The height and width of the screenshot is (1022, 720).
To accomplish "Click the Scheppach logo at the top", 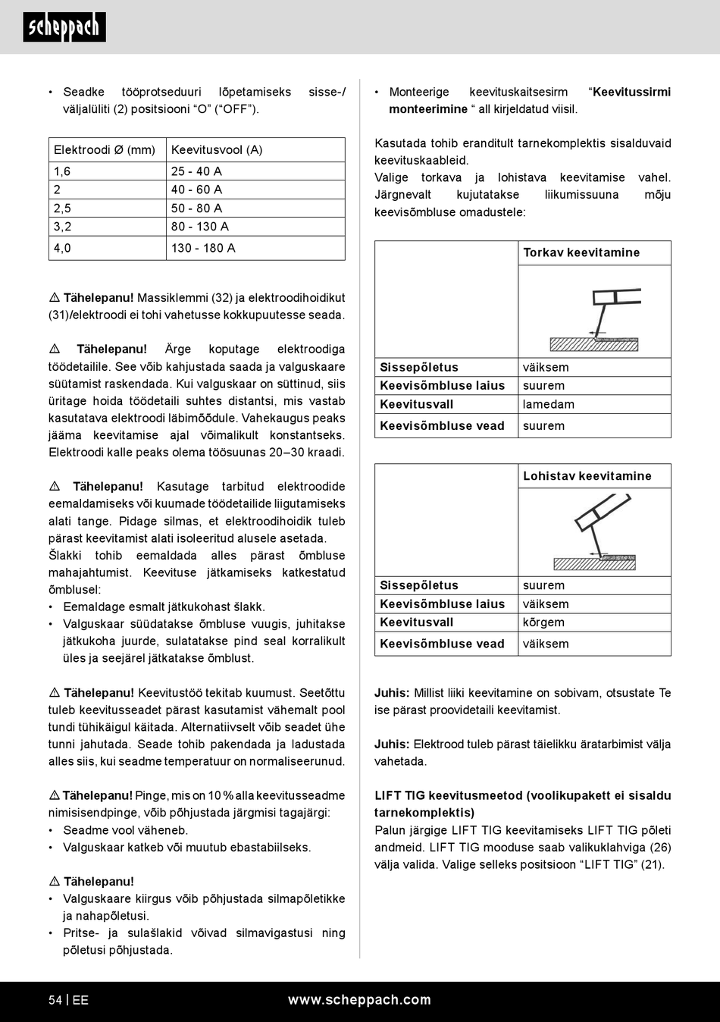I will click(64, 27).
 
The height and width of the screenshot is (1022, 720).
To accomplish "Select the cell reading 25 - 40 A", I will click(196, 171).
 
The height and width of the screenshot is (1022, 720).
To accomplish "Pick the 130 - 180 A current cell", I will click(203, 248).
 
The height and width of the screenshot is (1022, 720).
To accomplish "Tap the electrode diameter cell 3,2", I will click(62, 226).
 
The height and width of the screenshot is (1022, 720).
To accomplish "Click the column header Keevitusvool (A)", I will click(217, 149).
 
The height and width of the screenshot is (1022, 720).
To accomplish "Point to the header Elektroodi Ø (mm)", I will click(105, 149).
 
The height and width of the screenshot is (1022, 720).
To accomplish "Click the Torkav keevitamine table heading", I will click(581, 252).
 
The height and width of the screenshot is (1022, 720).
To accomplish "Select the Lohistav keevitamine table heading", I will click(587, 476).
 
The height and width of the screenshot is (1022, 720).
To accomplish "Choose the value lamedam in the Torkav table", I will click(548, 404).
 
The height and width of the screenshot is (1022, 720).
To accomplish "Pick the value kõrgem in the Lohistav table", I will click(543, 622).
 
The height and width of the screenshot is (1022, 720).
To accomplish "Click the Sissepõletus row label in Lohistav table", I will click(418, 585).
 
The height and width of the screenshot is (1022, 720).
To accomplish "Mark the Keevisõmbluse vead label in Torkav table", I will click(442, 425).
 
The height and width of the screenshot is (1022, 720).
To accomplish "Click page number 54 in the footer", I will click(55, 1000).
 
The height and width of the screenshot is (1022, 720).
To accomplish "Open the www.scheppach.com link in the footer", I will click(359, 1000).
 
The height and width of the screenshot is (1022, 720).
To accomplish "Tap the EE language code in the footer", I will click(80, 1000).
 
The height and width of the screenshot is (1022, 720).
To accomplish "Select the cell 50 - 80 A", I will click(196, 208).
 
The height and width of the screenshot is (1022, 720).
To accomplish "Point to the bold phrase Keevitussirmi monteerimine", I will click(530, 101).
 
